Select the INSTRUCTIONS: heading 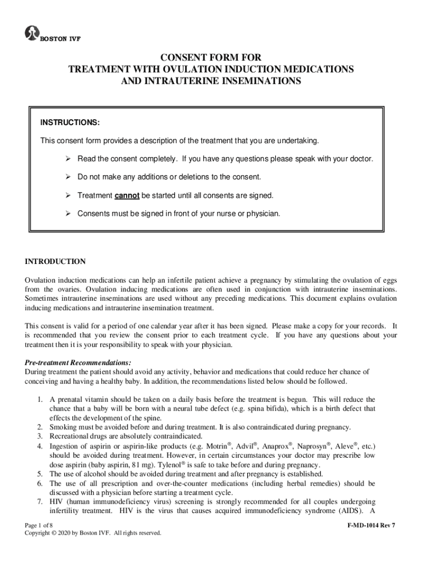point(70,122)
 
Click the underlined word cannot point(127,195)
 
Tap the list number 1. point(40,400)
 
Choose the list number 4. point(40,446)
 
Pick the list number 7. point(40,502)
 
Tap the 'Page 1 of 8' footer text point(42,525)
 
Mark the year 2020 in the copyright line point(69,533)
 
